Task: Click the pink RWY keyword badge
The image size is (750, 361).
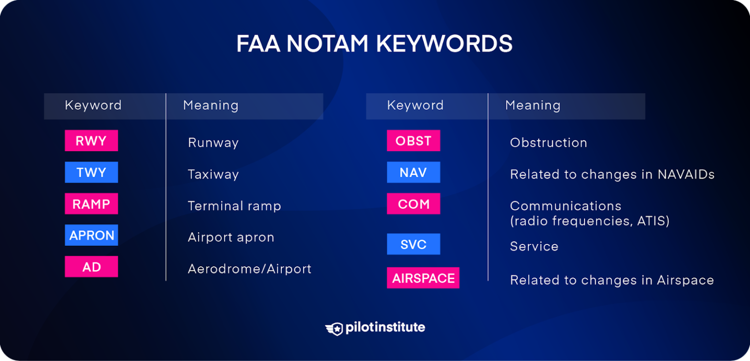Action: [91, 141]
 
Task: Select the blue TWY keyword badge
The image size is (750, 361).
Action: [91, 172]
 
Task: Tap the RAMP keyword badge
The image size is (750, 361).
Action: [91, 204]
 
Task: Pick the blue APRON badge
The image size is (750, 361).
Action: [91, 235]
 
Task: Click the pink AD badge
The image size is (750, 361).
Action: [91, 267]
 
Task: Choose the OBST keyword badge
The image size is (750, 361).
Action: [413, 141]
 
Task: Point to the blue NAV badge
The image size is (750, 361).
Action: [413, 172]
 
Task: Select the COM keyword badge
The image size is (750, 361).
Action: [413, 204]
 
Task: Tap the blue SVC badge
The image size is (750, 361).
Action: [413, 244]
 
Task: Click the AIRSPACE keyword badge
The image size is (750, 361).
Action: [423, 278]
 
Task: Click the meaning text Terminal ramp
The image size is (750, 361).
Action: [234, 206]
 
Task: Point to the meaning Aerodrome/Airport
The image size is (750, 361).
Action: [250, 269]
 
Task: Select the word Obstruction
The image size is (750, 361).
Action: [548, 143]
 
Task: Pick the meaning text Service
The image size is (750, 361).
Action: [534, 246]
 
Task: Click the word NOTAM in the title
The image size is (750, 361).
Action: [327, 44]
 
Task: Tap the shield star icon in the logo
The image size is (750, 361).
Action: [334, 328]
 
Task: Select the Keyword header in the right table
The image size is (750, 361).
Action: [415, 105]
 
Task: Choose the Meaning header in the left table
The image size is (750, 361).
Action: [210, 105]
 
